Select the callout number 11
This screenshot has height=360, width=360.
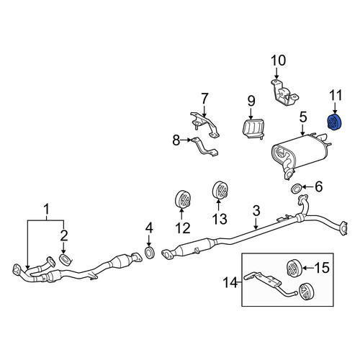(336, 96)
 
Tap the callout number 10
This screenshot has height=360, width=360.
(279, 60)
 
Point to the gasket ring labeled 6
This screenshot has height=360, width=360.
(297, 189)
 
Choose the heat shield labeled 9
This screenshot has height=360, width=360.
(253, 129)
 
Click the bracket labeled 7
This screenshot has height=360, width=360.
(204, 125)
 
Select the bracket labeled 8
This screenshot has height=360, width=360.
(204, 147)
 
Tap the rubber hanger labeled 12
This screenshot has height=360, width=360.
(183, 199)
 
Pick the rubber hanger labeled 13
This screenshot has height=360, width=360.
(220, 190)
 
